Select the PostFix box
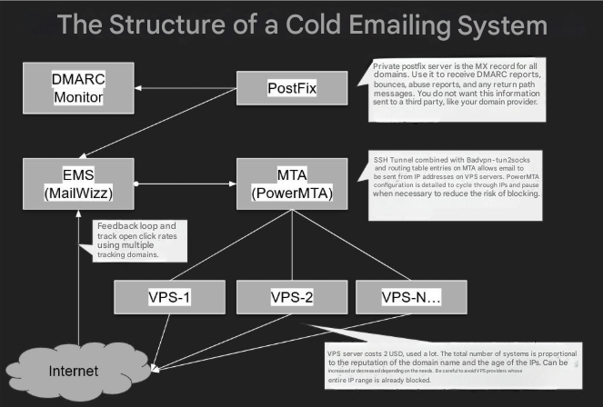click(x=291, y=88)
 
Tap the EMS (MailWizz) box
click(x=79, y=184)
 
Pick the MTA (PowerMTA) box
click(x=291, y=184)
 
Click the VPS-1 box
click(x=168, y=297)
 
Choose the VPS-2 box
click(x=291, y=297)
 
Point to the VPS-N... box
click(x=411, y=297)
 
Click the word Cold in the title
click(x=324, y=25)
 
